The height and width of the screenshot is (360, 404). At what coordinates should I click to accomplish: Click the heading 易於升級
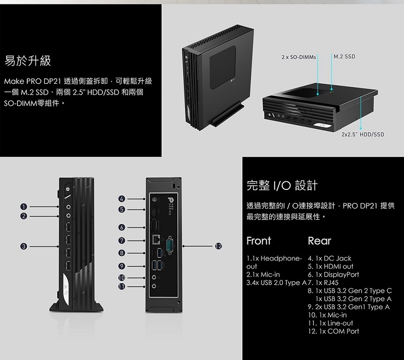[x=28, y=61]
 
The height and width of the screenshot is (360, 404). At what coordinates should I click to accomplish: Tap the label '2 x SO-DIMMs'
[x=299, y=57]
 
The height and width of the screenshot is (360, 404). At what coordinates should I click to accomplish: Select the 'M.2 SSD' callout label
[x=344, y=56]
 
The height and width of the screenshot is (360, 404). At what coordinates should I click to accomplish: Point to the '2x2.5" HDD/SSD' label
[x=363, y=134]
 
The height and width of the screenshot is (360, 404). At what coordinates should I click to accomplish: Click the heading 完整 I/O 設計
[x=282, y=185]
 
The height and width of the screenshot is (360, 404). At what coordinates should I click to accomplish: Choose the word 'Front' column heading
[x=259, y=240]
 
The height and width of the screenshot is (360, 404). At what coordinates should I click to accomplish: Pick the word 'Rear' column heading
[x=319, y=240]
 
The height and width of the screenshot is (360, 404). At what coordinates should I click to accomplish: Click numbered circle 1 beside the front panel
[x=24, y=207]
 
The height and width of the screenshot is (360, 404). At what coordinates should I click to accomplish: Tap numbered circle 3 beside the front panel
[x=24, y=246]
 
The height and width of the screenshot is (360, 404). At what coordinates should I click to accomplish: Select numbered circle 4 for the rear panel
[x=122, y=199]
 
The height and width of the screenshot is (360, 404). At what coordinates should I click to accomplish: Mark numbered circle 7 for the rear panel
[x=122, y=240]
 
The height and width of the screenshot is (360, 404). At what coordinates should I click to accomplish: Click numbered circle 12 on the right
[x=218, y=246]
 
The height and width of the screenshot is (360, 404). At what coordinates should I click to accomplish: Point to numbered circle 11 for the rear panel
[x=122, y=286]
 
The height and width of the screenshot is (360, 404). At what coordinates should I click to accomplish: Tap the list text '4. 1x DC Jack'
[x=329, y=259]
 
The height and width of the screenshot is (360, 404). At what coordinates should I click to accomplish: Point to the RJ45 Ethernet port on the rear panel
[x=156, y=240]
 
